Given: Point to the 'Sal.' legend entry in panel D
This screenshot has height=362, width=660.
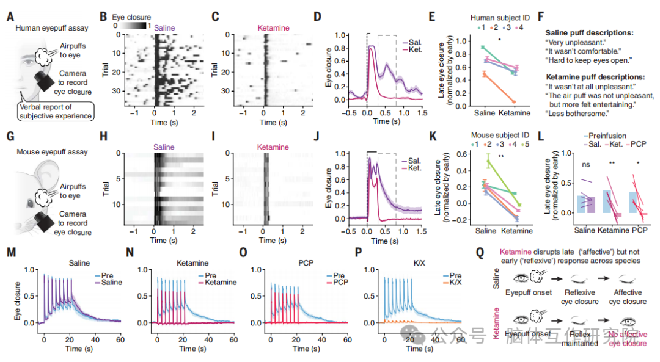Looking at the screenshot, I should pos(416,41).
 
